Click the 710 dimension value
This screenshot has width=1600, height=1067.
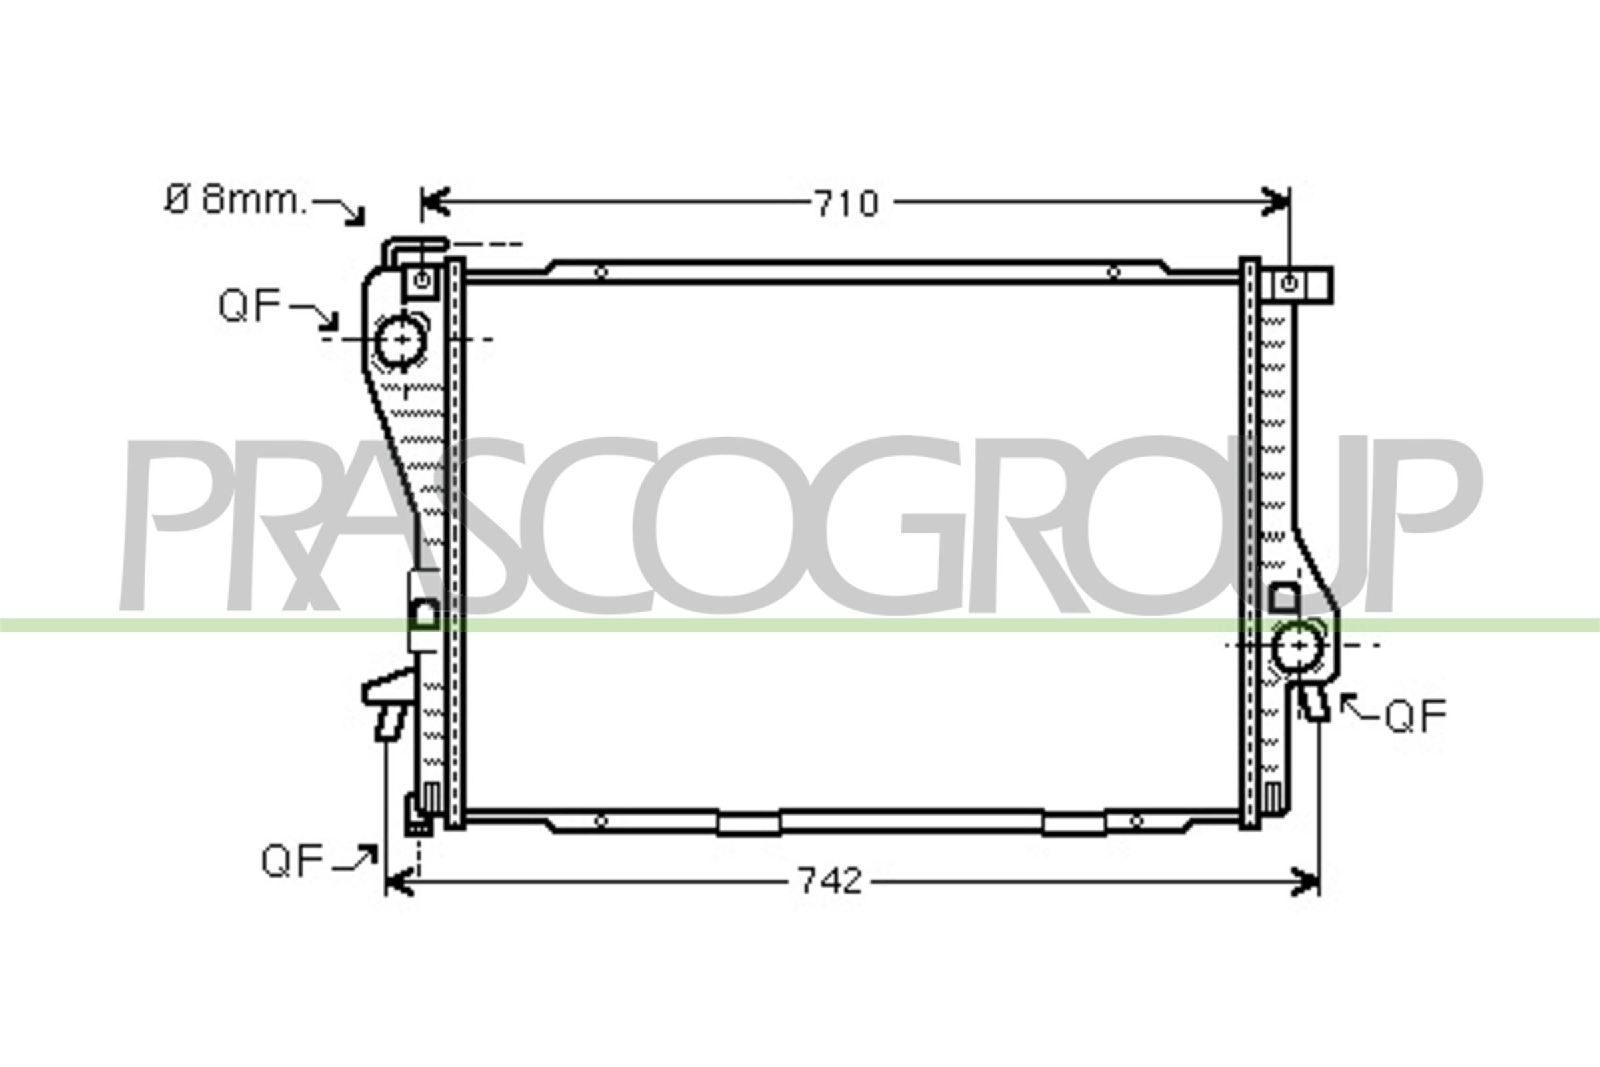[846, 203]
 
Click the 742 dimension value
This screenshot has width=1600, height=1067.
[830, 880]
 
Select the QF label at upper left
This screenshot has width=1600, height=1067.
[249, 305]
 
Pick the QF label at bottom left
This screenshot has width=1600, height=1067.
[293, 861]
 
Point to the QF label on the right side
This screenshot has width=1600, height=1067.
[1415, 716]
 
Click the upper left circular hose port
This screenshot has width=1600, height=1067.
[401, 339]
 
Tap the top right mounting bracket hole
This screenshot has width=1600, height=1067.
[1289, 284]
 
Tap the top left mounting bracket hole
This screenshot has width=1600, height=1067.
[423, 279]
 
